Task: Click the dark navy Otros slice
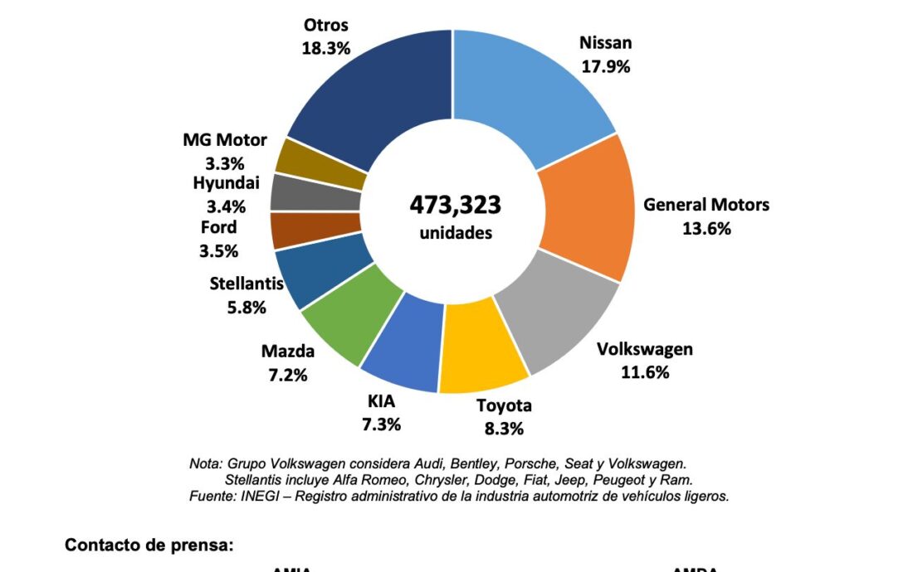coord(373,91)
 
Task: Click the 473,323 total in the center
coord(456,205)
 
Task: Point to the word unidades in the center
coord(456,233)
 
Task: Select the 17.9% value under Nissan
coord(605,66)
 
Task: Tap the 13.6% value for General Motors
coord(706,229)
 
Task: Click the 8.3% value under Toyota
coord(504,429)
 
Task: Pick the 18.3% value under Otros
coord(325,47)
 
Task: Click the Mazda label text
coord(288,351)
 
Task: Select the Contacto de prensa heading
coord(149,545)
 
